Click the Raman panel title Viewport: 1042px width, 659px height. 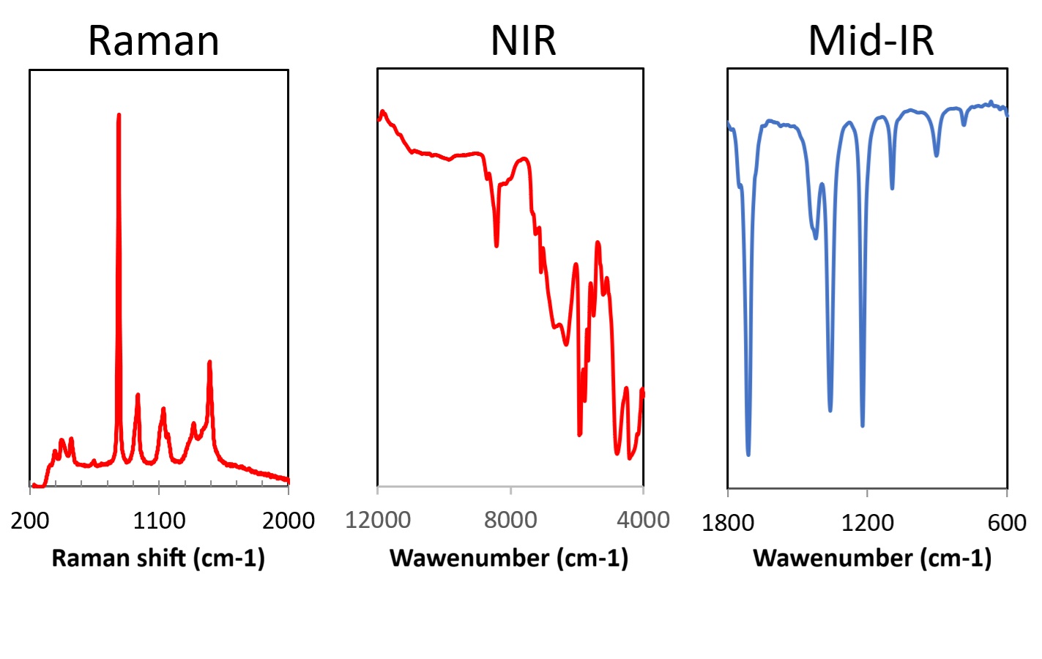click(154, 40)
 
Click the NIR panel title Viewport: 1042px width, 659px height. click(523, 40)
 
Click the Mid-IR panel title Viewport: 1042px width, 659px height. click(871, 40)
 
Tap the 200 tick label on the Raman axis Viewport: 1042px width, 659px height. click(30, 521)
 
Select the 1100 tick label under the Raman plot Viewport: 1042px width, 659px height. click(159, 521)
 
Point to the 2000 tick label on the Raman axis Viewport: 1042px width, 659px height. click(289, 521)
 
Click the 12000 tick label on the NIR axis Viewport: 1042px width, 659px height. click(378, 520)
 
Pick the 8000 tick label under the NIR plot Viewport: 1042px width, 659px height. click(510, 520)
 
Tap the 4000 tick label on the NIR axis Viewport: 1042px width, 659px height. click(643, 520)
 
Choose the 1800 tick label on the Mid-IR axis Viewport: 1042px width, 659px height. click(728, 523)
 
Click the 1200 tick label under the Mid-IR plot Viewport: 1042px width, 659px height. click(867, 523)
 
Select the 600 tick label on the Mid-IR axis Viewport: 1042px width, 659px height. click(1007, 523)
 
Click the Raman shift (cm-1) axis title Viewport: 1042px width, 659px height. click(158, 558)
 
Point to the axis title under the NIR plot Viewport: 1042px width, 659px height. click(509, 558)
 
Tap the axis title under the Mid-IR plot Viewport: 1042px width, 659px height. click(872, 558)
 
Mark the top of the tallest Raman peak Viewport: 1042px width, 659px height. click(119, 115)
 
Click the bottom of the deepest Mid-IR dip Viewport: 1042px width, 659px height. click(748, 455)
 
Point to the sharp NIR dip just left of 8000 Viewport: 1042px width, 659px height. click(496, 245)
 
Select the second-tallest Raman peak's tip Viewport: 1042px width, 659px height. click(209, 362)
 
